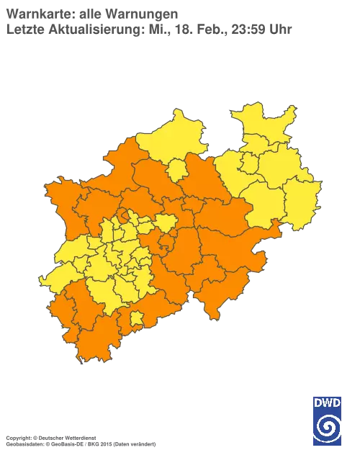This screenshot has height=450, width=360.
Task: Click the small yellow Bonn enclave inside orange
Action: click(x=135, y=318)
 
